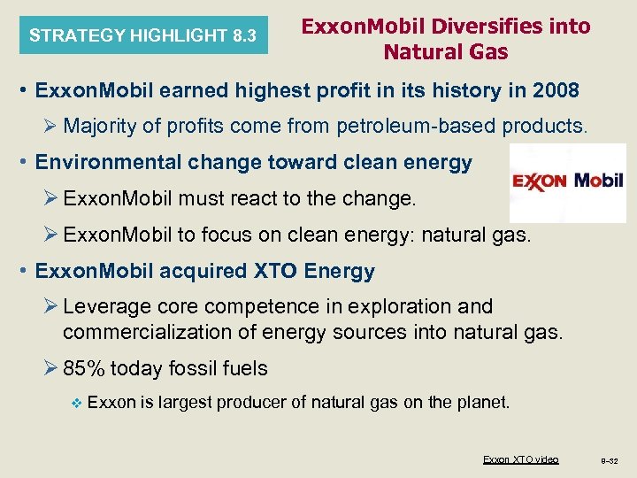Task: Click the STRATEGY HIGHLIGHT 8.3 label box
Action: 142,36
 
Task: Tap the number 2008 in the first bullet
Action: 552,90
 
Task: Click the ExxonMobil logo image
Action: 567,183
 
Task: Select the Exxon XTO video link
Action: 520,459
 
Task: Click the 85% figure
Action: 82,367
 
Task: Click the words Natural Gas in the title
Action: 446,52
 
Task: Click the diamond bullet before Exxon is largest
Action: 75,403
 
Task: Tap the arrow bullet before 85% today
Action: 52,367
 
